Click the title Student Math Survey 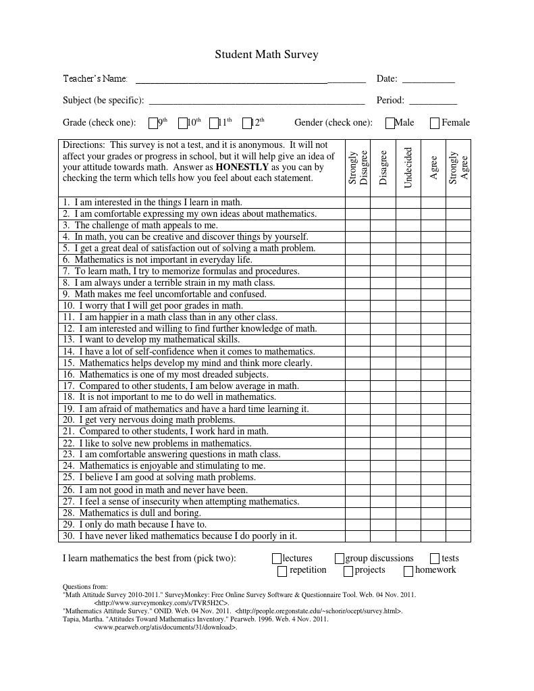[x=267, y=55]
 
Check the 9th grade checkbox [x=153, y=123]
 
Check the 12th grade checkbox [x=246, y=123]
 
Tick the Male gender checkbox [x=390, y=123]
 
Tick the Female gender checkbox [x=435, y=123]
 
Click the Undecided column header [x=408, y=168]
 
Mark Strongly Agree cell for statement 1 [x=458, y=202]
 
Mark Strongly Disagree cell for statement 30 [x=358, y=536]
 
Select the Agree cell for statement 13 [x=433, y=340]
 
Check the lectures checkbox [x=277, y=559]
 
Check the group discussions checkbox [x=340, y=559]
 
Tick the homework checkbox [x=408, y=571]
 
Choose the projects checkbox [x=348, y=571]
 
